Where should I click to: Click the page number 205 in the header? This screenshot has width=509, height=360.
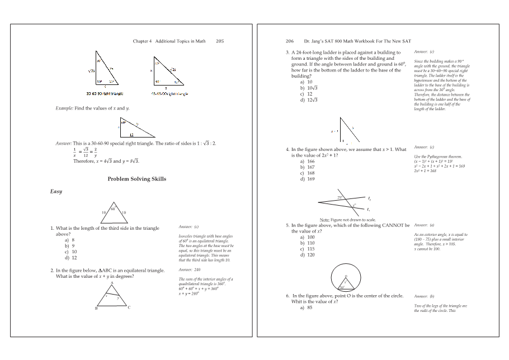point(220,41)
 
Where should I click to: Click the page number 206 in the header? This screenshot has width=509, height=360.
point(290,41)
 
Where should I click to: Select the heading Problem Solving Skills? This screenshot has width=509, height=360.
point(136,179)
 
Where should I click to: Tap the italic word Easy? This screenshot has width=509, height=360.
point(56,192)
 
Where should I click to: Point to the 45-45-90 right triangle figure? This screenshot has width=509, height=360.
point(165,70)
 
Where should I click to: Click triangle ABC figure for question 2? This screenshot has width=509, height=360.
point(112,296)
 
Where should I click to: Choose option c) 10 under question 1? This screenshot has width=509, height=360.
point(71,252)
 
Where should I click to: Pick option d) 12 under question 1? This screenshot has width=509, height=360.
point(71,258)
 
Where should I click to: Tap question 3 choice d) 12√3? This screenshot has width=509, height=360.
point(309,100)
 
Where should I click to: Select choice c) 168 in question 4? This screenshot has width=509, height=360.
point(308,173)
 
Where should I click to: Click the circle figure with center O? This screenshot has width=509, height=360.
point(345,278)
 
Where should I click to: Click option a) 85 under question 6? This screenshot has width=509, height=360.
point(306,307)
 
